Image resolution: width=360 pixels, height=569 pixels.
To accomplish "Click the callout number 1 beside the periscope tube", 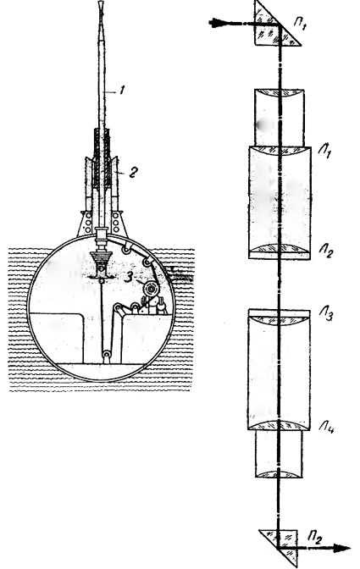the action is (122, 90).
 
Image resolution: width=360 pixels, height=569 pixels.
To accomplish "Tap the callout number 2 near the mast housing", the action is (133, 171).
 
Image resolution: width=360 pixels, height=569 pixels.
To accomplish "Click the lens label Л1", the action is (325, 150).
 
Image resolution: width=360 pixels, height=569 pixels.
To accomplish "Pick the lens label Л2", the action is (326, 250).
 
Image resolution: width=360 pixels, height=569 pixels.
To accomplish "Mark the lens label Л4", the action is (327, 428).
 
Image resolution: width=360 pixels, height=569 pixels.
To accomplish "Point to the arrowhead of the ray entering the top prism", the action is (217, 23).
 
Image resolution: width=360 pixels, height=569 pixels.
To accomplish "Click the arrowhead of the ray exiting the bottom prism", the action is (342, 549).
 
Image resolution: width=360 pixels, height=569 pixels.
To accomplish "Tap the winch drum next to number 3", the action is (150, 289).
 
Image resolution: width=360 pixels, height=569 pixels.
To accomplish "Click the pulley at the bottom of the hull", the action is (107, 354).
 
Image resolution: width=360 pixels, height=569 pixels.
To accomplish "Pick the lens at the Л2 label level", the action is (279, 249).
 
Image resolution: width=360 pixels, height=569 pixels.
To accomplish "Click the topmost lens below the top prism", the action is (280, 94).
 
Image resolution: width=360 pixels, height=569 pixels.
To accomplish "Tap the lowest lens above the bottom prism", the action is (279, 474).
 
